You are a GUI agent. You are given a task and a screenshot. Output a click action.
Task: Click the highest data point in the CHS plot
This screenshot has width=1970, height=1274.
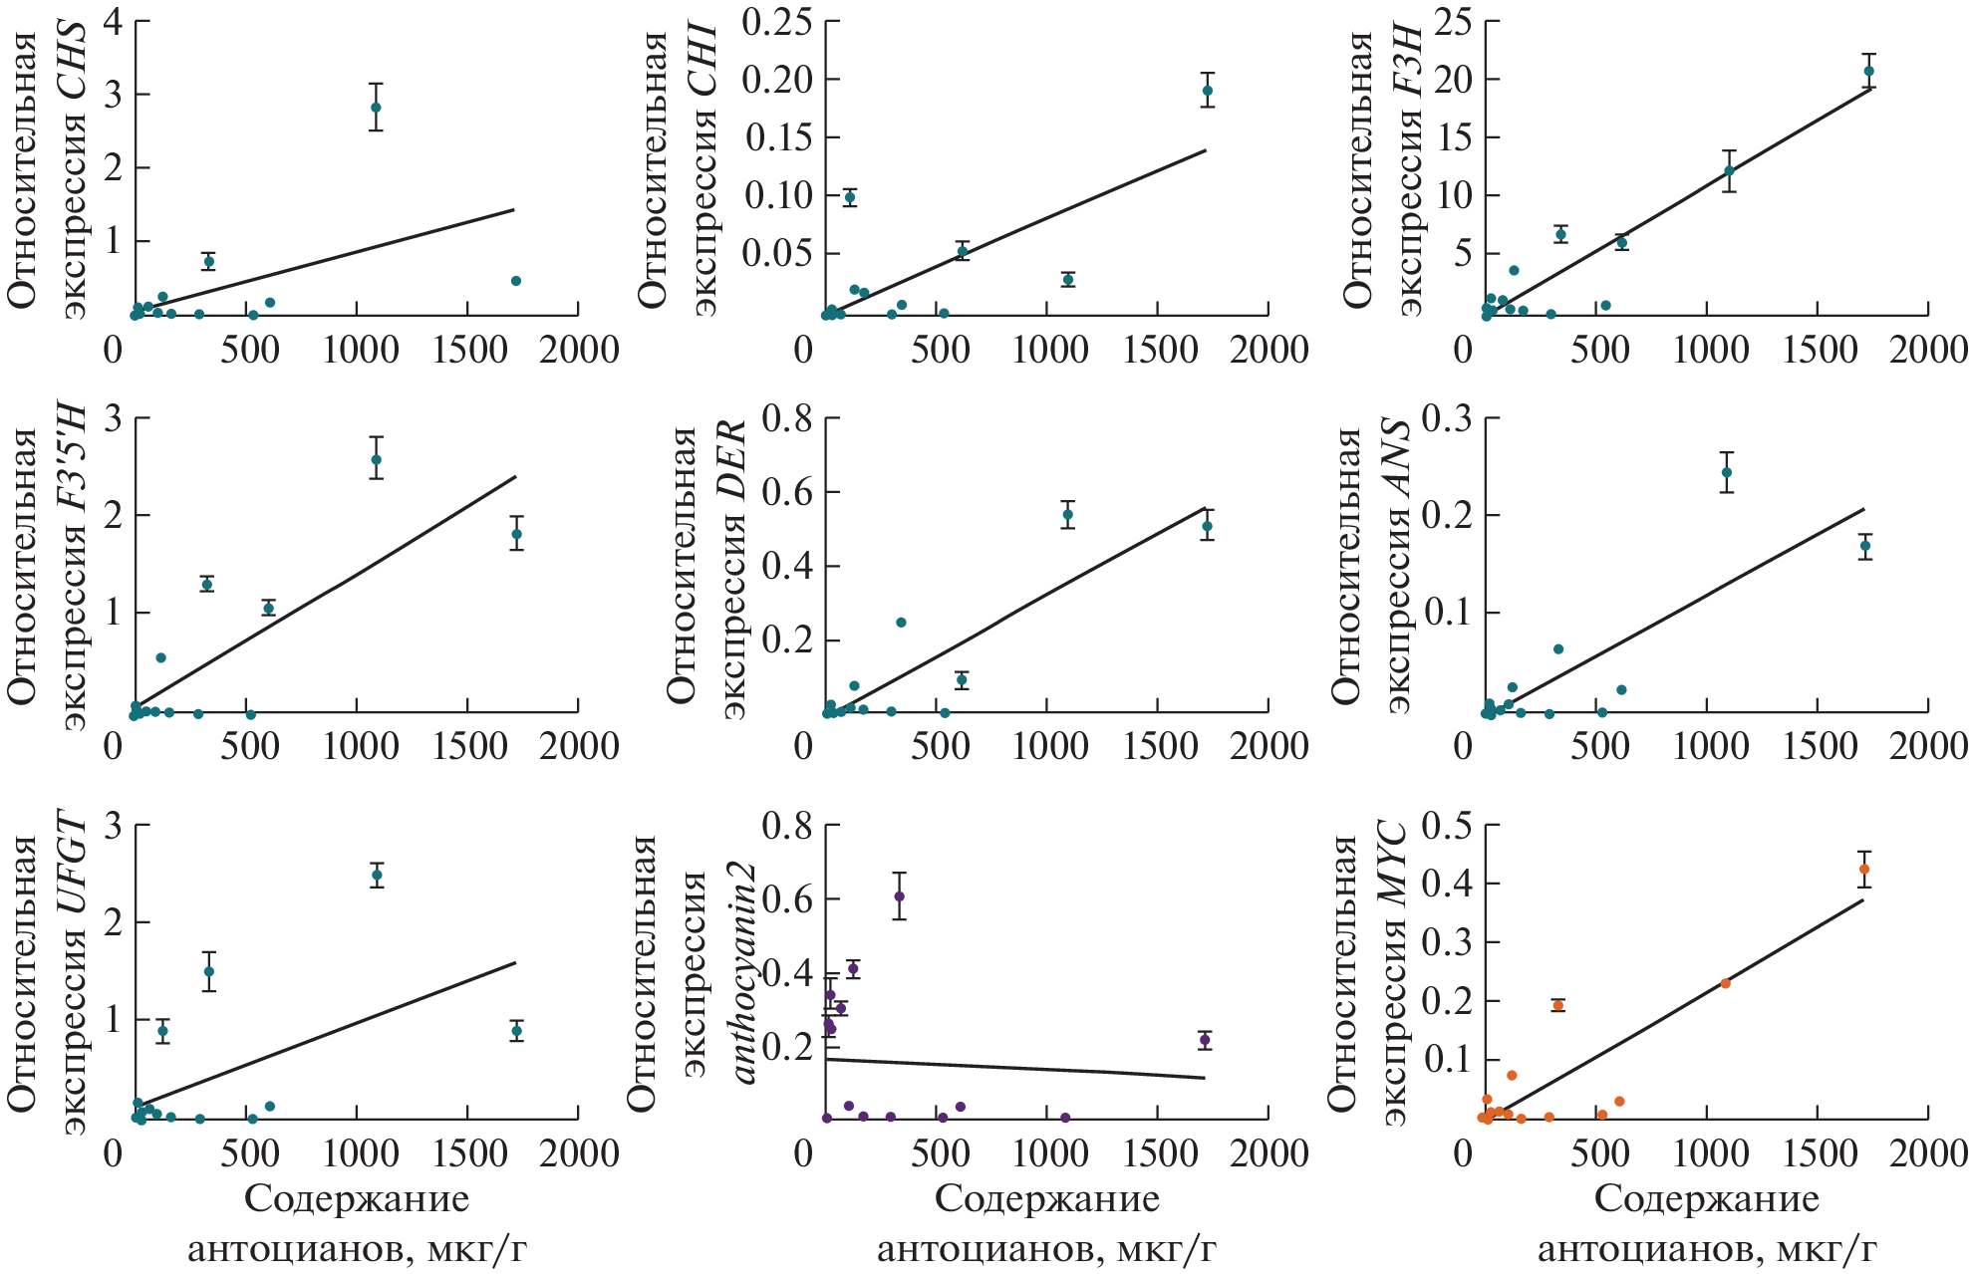(376, 107)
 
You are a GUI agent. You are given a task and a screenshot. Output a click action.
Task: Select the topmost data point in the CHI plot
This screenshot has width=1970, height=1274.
(1207, 91)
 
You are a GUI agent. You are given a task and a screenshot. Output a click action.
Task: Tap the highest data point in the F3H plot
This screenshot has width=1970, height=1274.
(1869, 71)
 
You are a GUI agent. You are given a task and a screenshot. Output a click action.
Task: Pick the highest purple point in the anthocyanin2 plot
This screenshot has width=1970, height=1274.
(899, 896)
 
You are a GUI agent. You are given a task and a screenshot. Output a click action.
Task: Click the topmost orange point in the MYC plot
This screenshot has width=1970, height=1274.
(1864, 870)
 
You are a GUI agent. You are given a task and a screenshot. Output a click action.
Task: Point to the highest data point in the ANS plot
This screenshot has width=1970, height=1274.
(1727, 472)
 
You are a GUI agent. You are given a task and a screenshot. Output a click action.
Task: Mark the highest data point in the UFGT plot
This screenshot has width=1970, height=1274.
(377, 876)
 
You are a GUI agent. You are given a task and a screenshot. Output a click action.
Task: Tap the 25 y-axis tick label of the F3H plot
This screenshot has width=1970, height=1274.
(1452, 21)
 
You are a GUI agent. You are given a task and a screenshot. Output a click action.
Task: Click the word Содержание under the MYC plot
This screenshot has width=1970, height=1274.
(1706, 1199)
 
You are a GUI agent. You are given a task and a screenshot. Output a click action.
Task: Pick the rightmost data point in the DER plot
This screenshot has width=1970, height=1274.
(1207, 526)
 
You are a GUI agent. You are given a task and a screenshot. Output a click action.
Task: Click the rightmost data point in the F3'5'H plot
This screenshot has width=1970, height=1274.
(516, 534)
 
